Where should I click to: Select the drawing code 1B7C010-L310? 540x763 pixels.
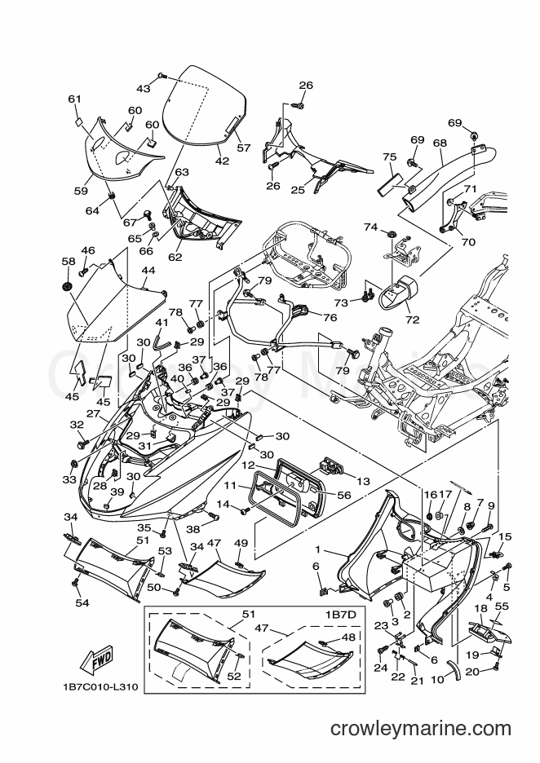click(x=100, y=687)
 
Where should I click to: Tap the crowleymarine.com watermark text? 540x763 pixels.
click(x=421, y=729)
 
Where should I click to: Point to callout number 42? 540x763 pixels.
click(x=222, y=161)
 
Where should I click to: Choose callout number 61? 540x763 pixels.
click(x=74, y=99)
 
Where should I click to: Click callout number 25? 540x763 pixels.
click(x=298, y=189)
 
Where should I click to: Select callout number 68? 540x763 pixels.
click(x=440, y=143)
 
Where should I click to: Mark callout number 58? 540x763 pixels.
click(x=69, y=261)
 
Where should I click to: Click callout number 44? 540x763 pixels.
click(x=148, y=270)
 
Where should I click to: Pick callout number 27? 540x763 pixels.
click(x=93, y=413)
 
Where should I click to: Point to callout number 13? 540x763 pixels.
click(x=363, y=481)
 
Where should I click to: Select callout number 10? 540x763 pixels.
click(x=438, y=679)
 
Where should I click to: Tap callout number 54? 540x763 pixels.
click(x=82, y=603)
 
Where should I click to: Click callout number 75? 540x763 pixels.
click(x=390, y=157)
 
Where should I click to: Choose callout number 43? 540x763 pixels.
click(x=143, y=88)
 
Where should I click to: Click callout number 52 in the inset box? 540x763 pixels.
click(x=234, y=676)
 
